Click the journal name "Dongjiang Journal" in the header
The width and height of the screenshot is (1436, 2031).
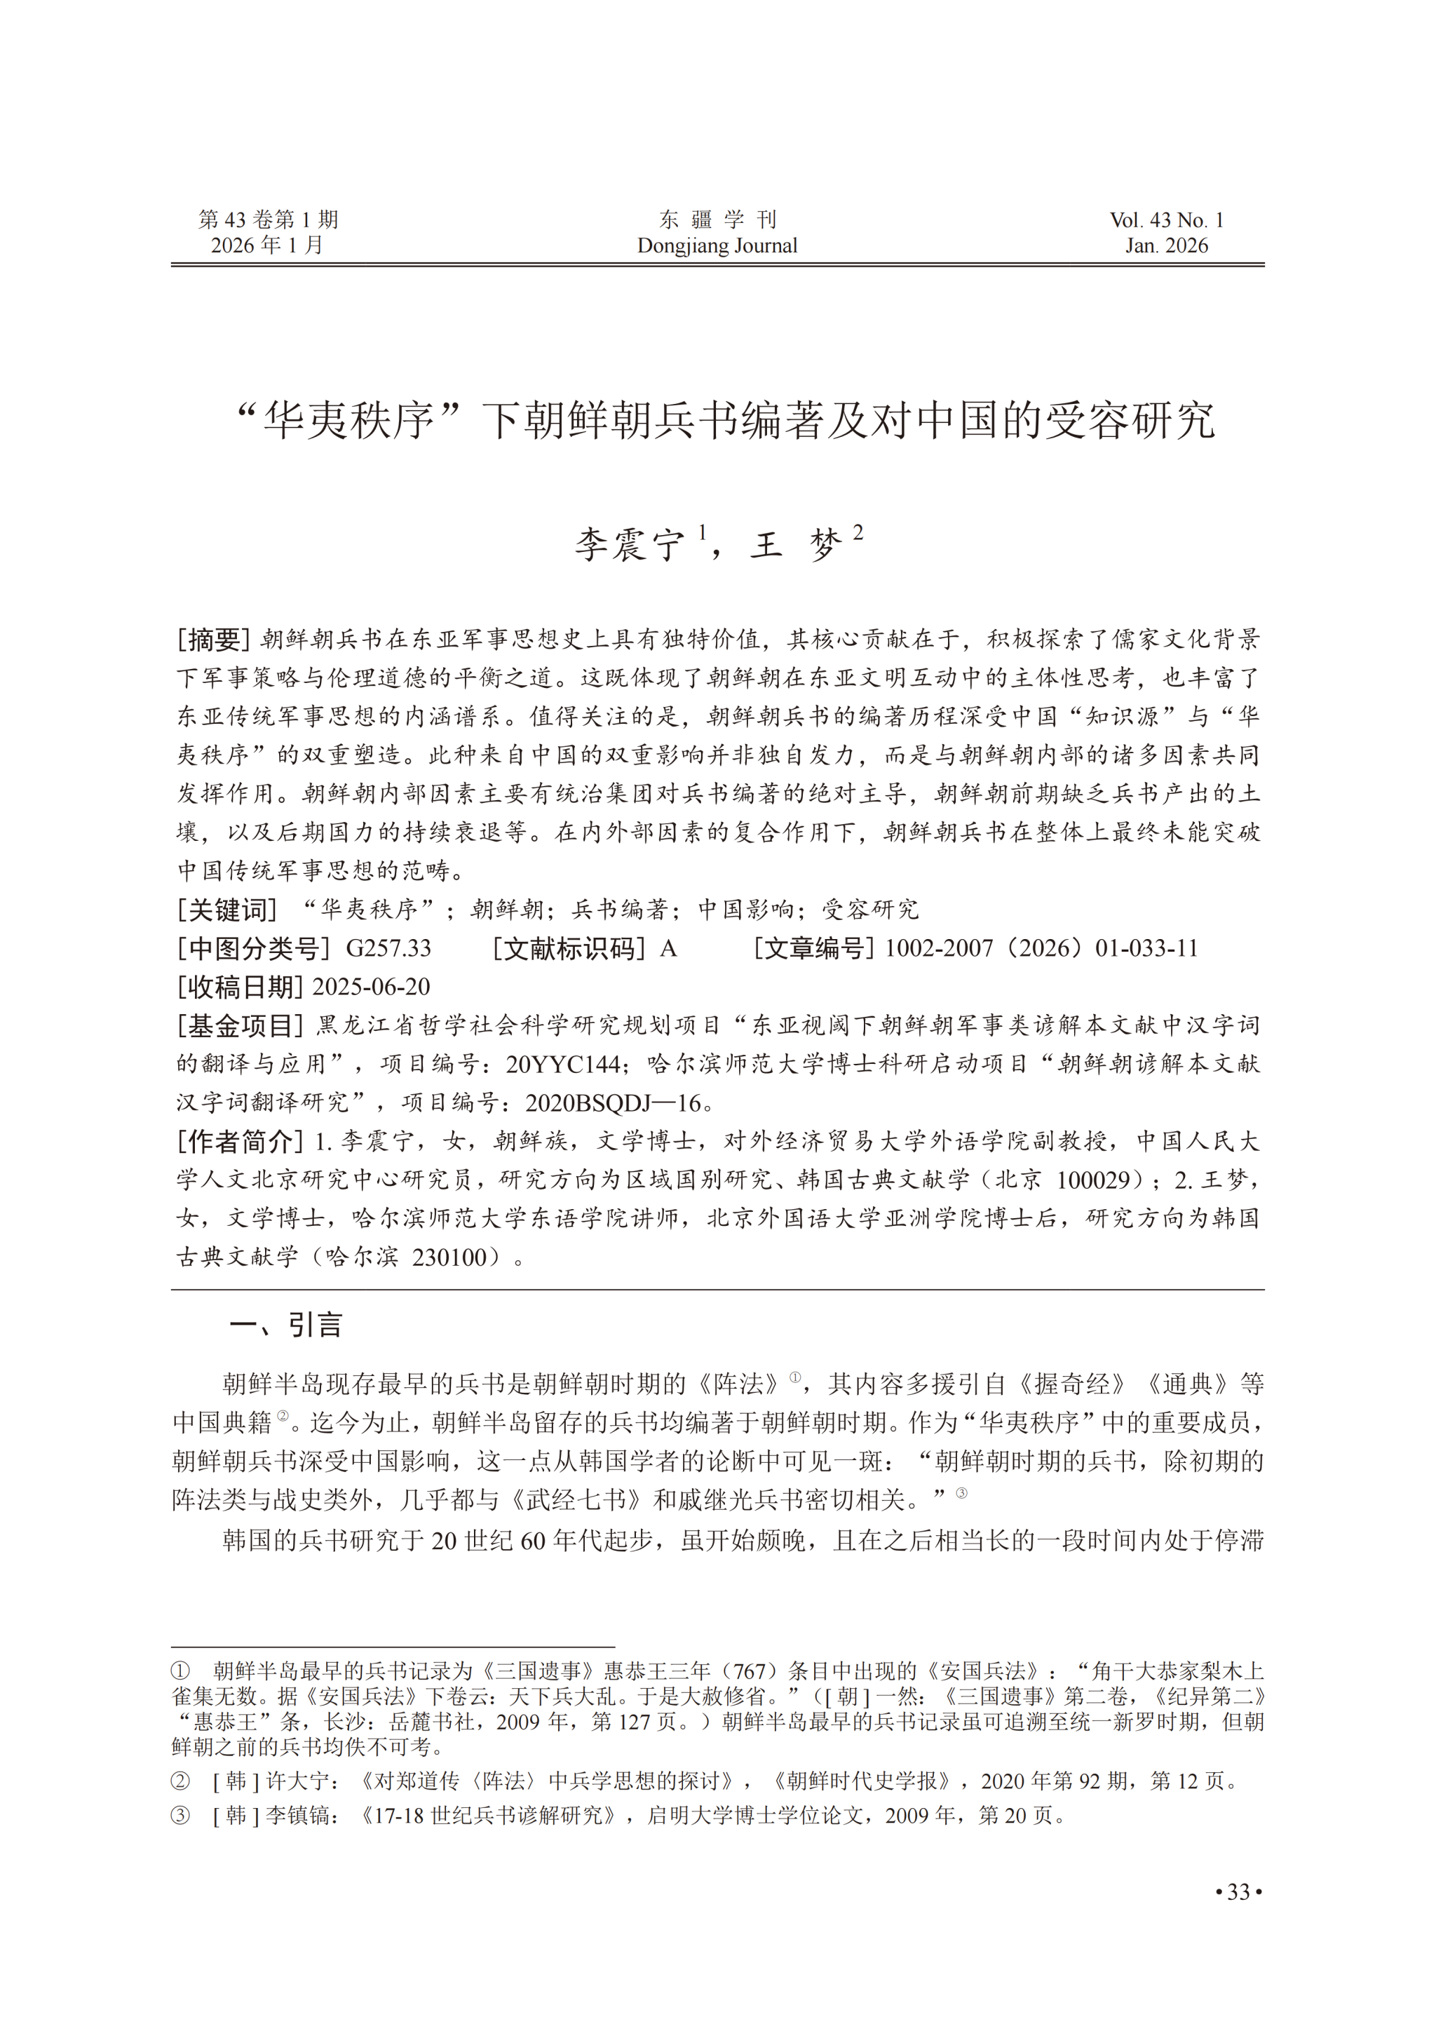tap(717, 246)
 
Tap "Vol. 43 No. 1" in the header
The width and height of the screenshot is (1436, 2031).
tap(1166, 220)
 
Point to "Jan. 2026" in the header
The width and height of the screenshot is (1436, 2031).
tap(1166, 246)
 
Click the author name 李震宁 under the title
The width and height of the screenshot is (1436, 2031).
tap(630, 545)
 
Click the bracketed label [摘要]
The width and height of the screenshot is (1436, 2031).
tap(214, 640)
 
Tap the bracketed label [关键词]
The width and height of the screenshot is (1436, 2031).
tap(227, 910)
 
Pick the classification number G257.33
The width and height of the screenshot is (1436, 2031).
tap(388, 948)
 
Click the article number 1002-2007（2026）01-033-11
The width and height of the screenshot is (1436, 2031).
tap(1041, 948)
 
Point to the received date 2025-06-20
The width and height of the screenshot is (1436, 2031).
tap(372, 986)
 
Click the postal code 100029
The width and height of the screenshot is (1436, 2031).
tap(1093, 1180)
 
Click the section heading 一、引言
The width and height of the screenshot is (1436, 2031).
tap(285, 1325)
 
